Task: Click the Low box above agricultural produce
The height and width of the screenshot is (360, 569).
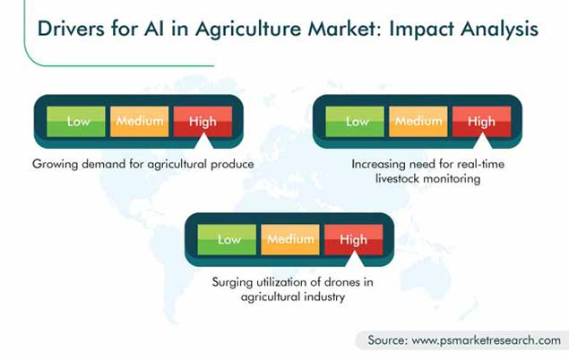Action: point(76,122)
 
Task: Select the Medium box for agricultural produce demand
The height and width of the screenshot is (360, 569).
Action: point(140,122)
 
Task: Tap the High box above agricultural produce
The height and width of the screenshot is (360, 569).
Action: point(203,122)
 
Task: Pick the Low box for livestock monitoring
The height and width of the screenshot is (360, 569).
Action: point(355,122)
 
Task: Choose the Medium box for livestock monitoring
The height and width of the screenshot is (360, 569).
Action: point(418,122)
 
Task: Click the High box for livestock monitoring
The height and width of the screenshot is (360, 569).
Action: point(481,122)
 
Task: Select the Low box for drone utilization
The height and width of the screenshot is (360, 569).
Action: point(227,240)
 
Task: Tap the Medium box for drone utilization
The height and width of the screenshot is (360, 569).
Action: point(290,240)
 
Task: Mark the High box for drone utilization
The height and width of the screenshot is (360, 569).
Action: point(353,240)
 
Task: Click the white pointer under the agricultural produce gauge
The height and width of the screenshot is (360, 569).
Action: point(204,142)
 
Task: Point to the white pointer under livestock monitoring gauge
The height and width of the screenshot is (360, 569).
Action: point(483,142)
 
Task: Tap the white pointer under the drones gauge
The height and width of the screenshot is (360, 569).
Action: point(355,261)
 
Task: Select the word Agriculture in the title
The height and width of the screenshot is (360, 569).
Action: point(248,29)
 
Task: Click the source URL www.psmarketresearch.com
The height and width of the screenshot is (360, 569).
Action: point(487,340)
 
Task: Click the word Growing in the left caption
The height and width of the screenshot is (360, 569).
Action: point(56,165)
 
